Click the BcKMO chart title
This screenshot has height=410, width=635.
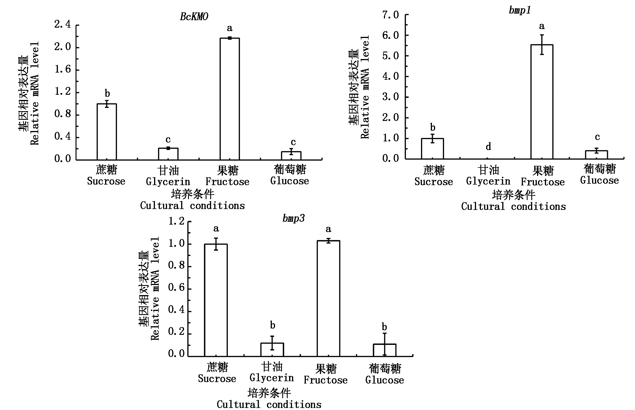(194, 17)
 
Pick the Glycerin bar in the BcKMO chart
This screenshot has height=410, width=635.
(168, 154)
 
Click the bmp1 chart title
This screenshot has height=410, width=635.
(520, 10)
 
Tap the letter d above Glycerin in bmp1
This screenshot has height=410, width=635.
(488, 147)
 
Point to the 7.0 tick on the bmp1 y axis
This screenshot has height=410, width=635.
(391, 15)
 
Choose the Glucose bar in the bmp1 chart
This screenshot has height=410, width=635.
(596, 155)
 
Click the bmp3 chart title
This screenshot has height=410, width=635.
(293, 219)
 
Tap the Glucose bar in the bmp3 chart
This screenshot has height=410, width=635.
(384, 350)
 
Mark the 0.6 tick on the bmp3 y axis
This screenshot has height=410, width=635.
(176, 289)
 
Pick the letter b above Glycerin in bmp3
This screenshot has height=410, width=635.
(272, 326)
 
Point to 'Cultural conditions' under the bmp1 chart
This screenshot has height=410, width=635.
(513, 206)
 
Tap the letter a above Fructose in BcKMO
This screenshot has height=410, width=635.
(230, 28)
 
